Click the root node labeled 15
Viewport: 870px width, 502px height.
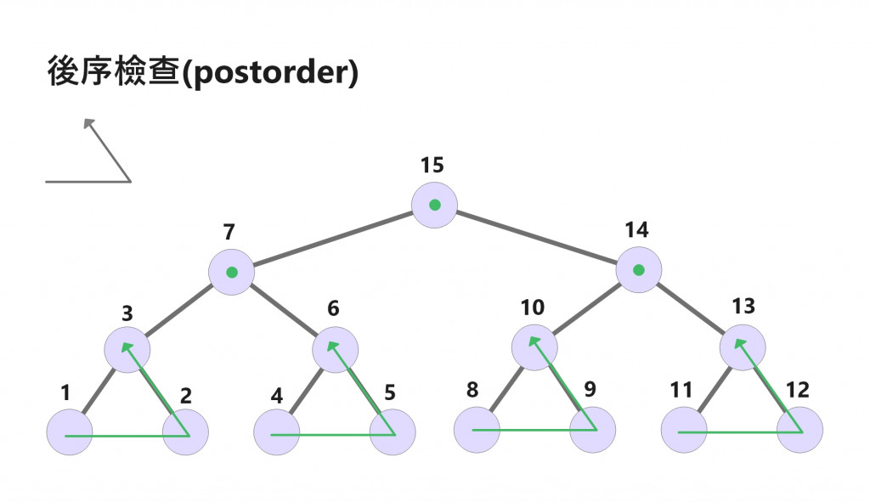[x=434, y=205]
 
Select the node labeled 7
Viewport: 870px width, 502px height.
[x=231, y=273]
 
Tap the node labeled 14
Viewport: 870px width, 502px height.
[x=639, y=270]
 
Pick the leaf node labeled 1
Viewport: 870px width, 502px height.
[x=69, y=432]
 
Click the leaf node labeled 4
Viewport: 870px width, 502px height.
[x=276, y=432]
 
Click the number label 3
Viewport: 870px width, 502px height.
[x=127, y=313]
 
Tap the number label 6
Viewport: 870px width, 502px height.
[x=333, y=308]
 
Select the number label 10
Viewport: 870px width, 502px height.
[x=533, y=307]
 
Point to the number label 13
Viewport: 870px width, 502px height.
[x=743, y=306]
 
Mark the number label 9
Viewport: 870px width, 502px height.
[x=590, y=390]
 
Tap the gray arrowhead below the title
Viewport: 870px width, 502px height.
[x=88, y=124]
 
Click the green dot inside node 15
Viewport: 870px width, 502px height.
[x=434, y=205]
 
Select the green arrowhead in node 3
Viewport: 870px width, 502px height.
[x=127, y=347]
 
